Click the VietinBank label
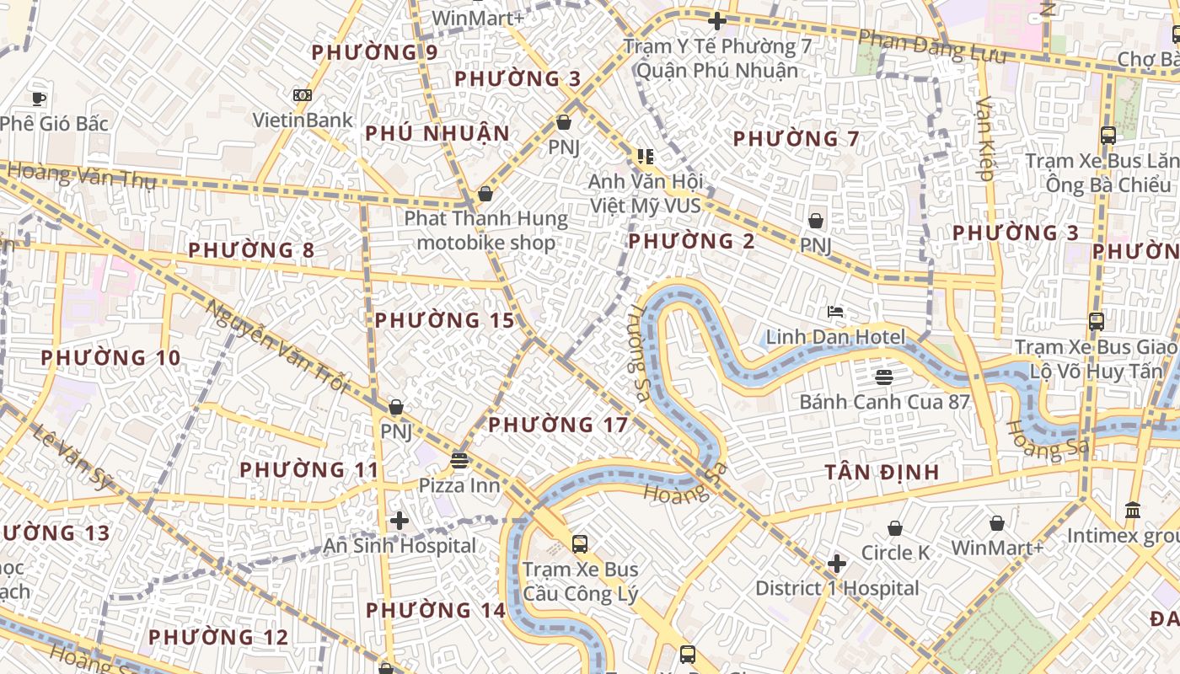303,120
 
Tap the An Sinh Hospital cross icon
400,521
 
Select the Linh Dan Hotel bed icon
834,312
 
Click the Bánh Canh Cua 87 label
884,402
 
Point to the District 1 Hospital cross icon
836,563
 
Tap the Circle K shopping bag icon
894,528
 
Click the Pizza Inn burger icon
459,460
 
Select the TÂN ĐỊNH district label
882,472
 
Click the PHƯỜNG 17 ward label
558,425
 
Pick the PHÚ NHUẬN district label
437,133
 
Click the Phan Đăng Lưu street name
932,45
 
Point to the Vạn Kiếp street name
985,139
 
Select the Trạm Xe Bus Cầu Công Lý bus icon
579,543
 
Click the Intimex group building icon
1133,511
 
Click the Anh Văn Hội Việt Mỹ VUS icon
646,156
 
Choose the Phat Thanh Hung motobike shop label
486,231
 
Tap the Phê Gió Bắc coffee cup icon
38,98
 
